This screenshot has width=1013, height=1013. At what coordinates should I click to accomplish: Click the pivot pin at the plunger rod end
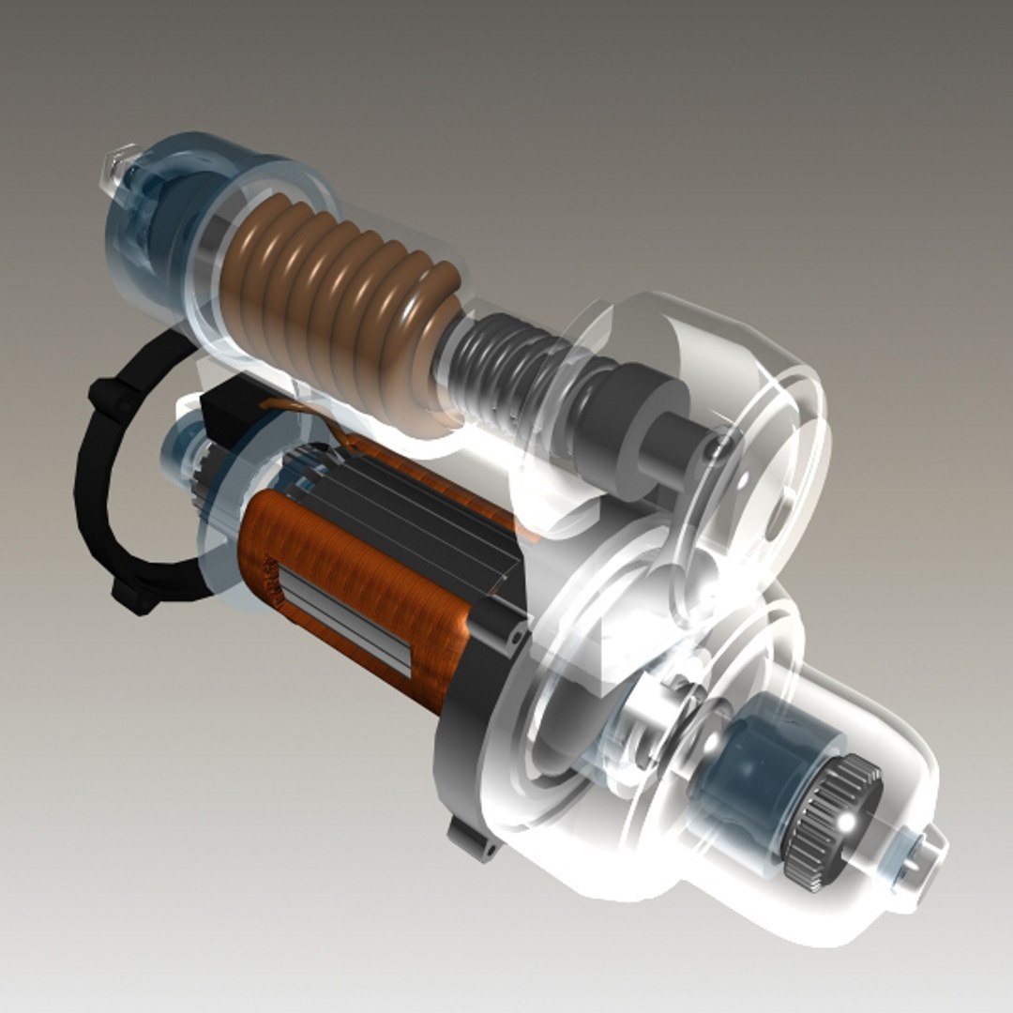[718, 448]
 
